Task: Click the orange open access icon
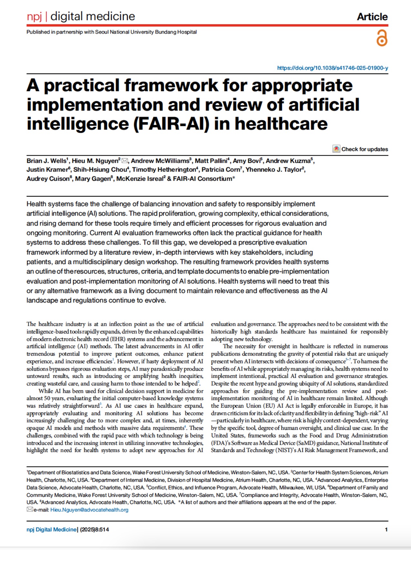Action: (x=382, y=38)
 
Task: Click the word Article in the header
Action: (x=372, y=17)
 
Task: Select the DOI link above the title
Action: (x=332, y=68)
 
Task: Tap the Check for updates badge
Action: (x=360, y=149)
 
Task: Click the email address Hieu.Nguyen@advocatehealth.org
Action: (x=89, y=510)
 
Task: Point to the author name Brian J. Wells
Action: (x=46, y=161)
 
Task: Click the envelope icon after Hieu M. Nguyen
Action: (x=124, y=161)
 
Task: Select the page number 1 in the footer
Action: (x=386, y=529)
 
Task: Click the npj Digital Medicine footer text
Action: (x=52, y=529)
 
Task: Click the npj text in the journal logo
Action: (x=34, y=16)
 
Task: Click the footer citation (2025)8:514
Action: (x=94, y=529)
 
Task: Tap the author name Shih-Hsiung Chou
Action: (x=100, y=169)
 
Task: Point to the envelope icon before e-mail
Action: (x=30, y=509)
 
